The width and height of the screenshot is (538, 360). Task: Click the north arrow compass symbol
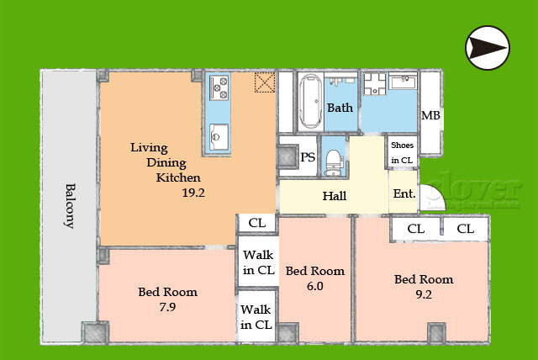click(488, 48)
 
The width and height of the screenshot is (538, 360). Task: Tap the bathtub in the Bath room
click(310, 103)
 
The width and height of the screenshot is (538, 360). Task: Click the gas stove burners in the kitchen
click(219, 87)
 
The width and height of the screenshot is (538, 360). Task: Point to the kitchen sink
click(219, 137)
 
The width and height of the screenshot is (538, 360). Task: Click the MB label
click(430, 115)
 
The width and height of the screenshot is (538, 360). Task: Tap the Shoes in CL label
click(402, 153)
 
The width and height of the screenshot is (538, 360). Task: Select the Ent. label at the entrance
click(404, 193)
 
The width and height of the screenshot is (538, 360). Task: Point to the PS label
click(308, 157)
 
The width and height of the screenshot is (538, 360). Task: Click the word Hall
click(335, 196)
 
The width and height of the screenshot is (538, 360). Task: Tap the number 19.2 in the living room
click(193, 193)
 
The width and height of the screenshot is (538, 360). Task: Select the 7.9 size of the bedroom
click(167, 307)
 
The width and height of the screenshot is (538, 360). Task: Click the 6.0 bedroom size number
click(315, 286)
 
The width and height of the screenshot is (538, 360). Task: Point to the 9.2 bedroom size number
click(424, 294)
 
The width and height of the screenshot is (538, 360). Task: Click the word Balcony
click(70, 206)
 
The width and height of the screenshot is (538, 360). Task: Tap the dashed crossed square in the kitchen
click(265, 82)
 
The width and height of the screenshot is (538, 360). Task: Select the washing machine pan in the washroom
click(375, 84)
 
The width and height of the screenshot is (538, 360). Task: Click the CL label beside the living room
click(257, 223)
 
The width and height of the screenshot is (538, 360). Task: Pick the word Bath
click(340, 108)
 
